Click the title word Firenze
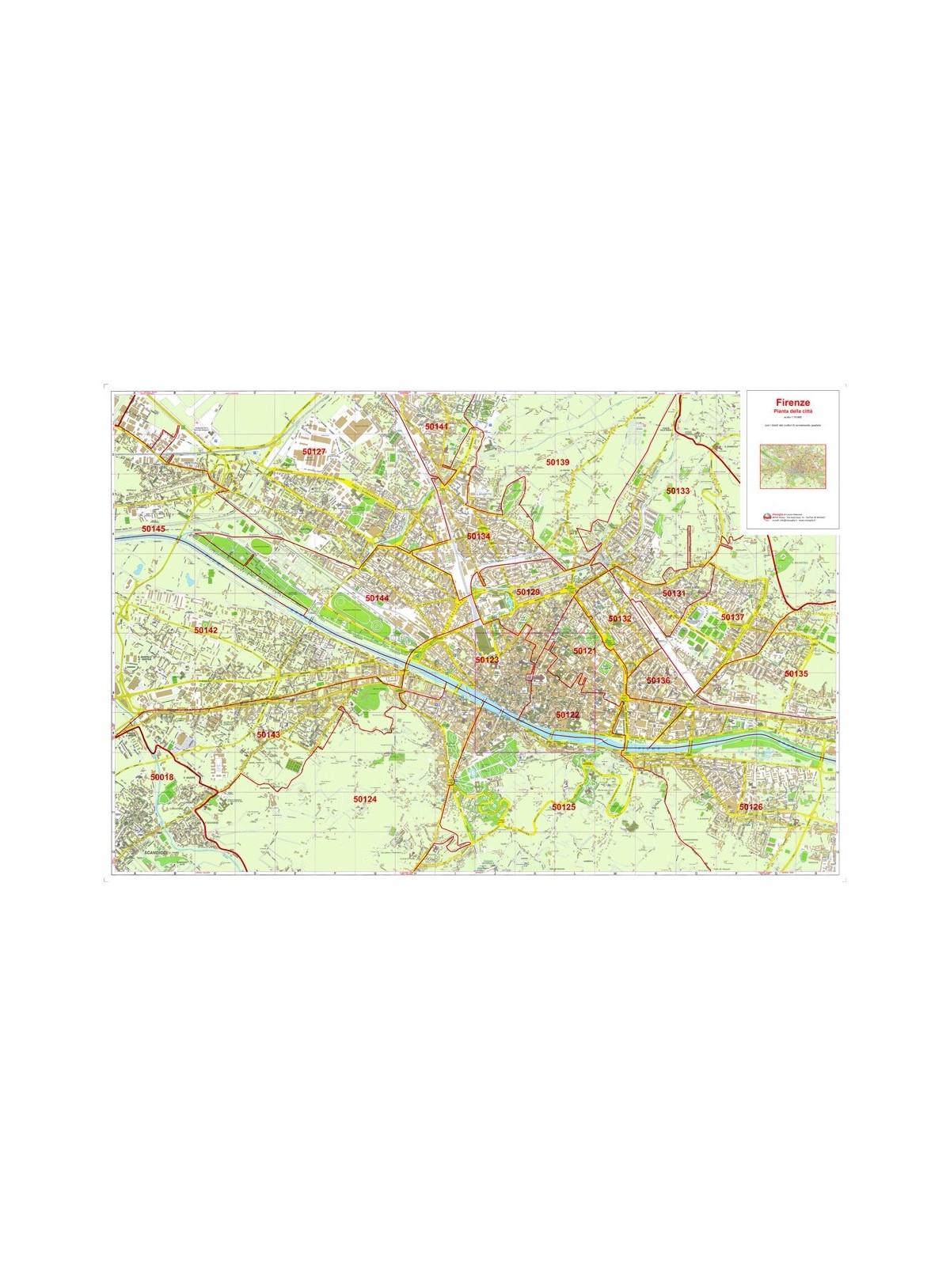[792, 402]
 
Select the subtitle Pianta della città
[792, 411]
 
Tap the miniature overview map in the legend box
[792, 465]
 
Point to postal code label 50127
[314, 451]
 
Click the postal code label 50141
[436, 426]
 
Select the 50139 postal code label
[557, 462]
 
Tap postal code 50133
[678, 491]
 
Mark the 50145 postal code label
[154, 528]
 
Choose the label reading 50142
[205, 630]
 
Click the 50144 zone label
[377, 598]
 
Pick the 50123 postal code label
[487, 659]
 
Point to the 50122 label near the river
[567, 714]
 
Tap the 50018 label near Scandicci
[161, 778]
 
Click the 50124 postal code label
[365, 799]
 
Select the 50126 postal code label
[750, 806]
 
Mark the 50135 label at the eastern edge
[796, 673]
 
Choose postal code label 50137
[732, 617]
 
